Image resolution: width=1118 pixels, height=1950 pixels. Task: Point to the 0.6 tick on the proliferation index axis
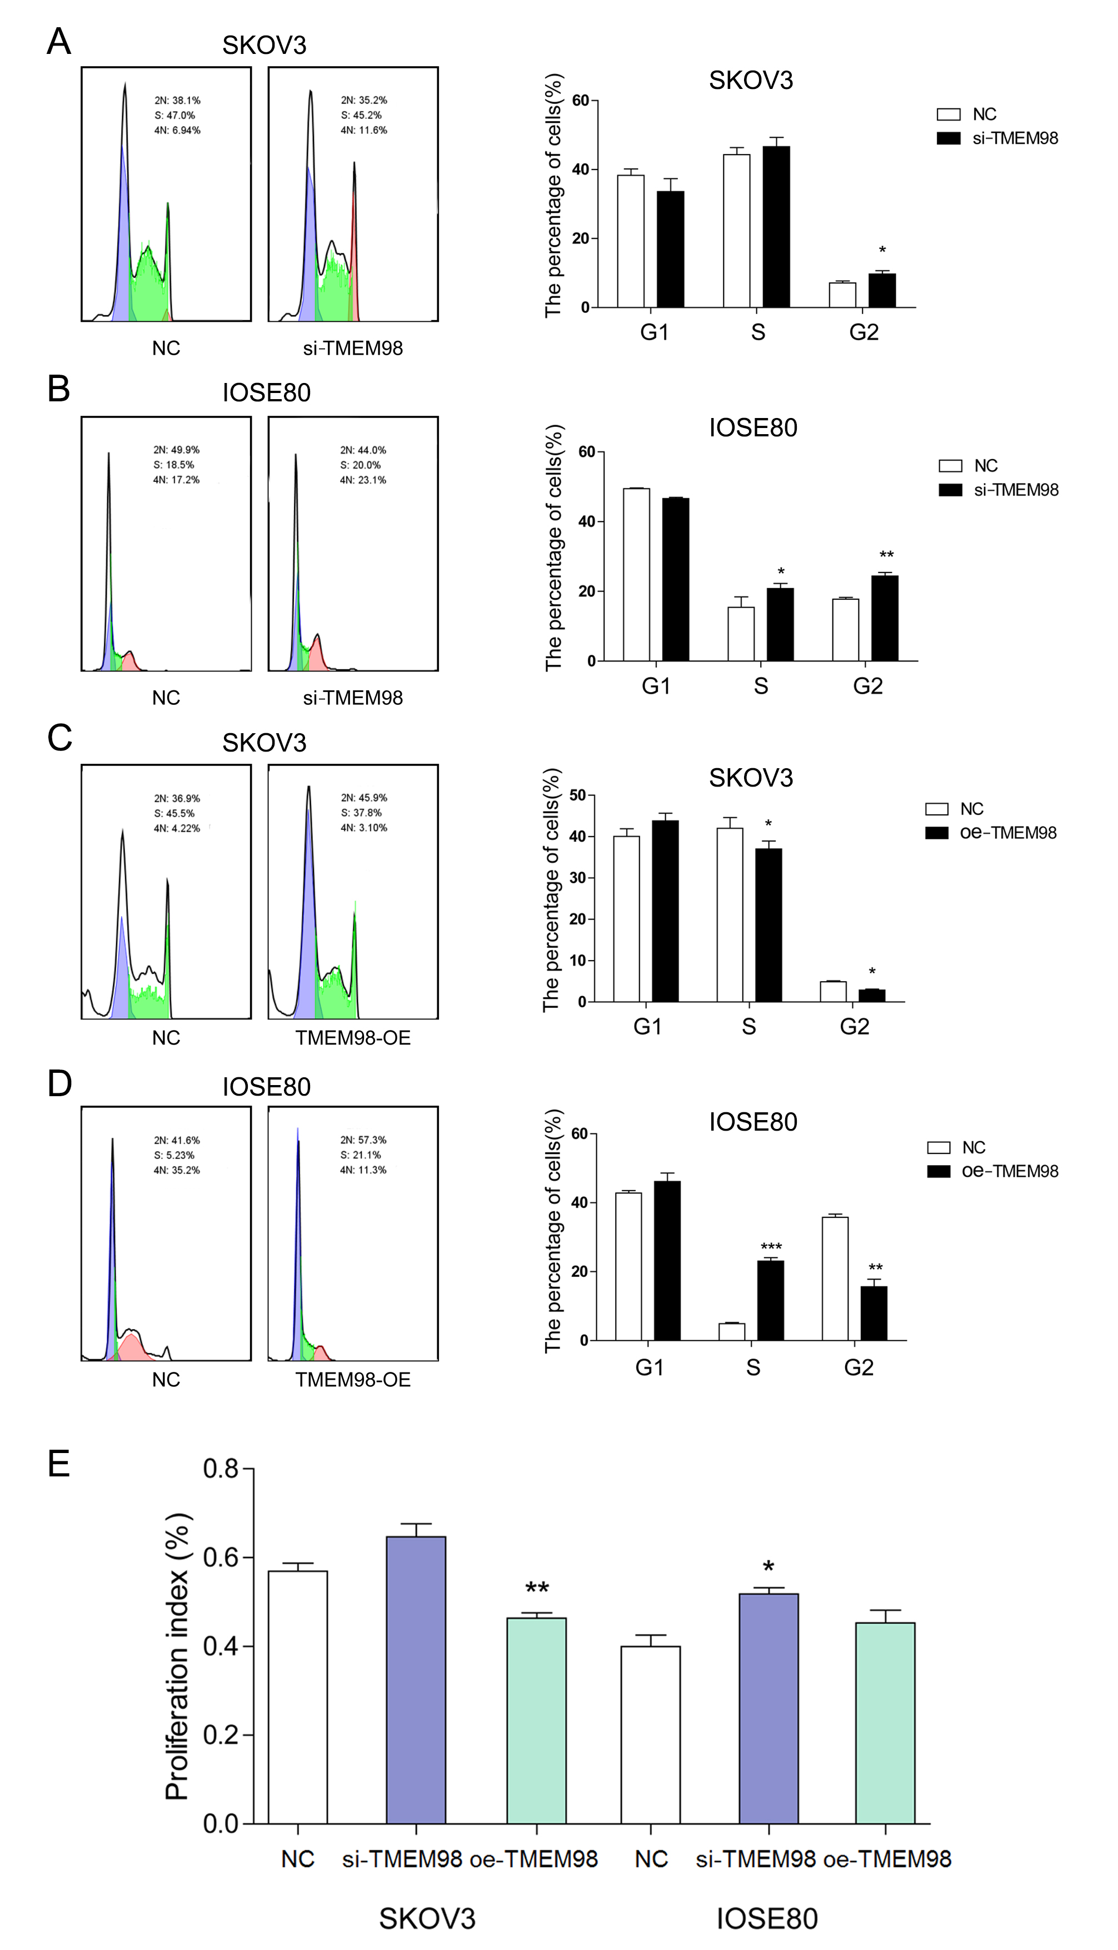pos(223,1558)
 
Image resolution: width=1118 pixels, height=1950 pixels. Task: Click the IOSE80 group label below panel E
pos(766,1918)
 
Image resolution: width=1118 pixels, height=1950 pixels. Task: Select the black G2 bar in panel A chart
pos(882,290)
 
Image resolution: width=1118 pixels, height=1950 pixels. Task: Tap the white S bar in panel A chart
pos(736,230)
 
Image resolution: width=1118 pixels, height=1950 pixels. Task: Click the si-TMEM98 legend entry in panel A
pos(1014,138)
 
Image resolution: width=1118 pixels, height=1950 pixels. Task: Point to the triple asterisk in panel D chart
pos(771,1246)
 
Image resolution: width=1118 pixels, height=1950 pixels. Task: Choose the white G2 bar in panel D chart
pos(835,1279)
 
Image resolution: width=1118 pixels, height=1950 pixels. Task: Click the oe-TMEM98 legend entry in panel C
pos(1007,833)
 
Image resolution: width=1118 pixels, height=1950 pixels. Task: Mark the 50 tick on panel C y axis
pos(577,795)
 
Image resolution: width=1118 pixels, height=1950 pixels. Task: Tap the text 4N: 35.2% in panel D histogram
pos(177,1170)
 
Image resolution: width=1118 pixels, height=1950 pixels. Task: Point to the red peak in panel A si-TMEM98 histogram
pos(354,246)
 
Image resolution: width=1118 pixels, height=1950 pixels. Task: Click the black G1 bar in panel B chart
pos(676,579)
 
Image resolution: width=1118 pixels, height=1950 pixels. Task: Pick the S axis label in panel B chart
pos(760,686)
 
